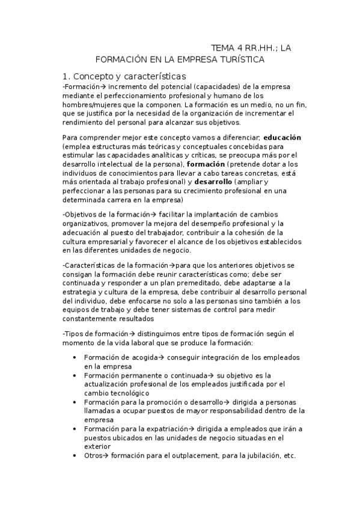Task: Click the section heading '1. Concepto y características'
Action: tap(124, 76)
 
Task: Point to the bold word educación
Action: tap(282, 137)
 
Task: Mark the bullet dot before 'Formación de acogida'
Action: tap(74, 357)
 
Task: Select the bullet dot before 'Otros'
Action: tap(74, 456)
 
